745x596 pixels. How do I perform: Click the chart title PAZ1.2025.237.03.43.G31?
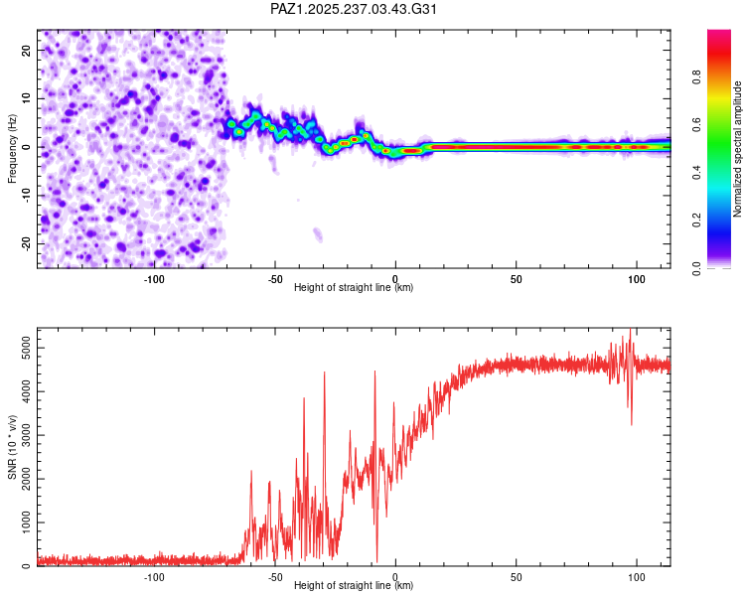(x=354, y=9)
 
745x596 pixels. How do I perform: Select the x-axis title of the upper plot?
(x=354, y=287)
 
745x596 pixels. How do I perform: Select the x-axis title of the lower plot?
(x=354, y=586)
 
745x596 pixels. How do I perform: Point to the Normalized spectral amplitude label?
(x=738, y=149)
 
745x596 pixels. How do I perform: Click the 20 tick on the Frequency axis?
(x=27, y=50)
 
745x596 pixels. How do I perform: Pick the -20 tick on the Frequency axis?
(x=25, y=243)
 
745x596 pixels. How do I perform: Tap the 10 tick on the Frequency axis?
(x=27, y=98)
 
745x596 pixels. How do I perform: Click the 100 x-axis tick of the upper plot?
(x=637, y=277)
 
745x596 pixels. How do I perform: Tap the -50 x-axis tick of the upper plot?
(x=274, y=277)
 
